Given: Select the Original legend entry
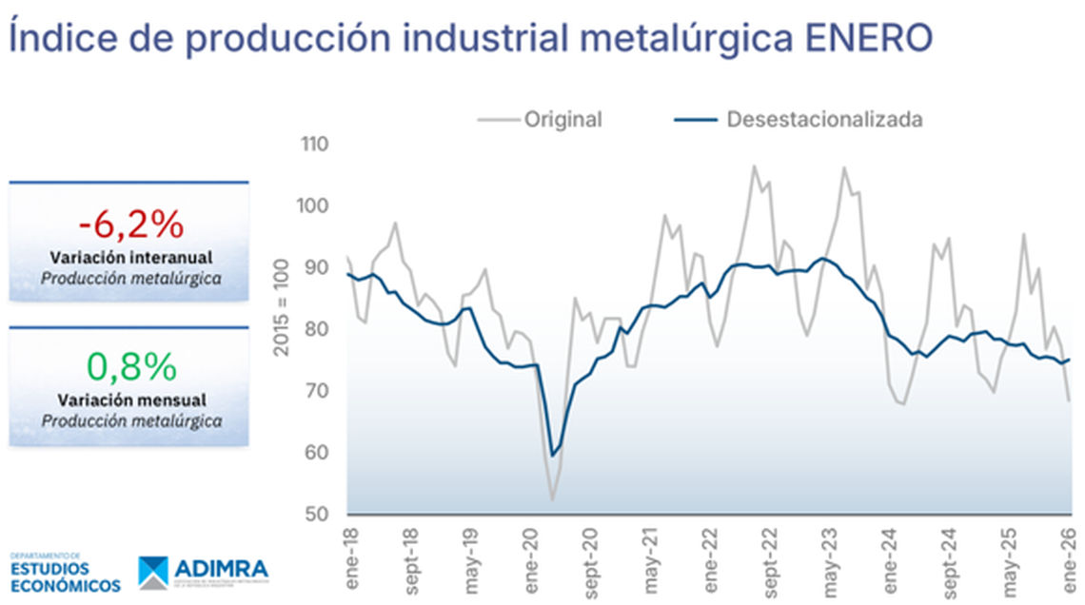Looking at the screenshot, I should [x=562, y=120].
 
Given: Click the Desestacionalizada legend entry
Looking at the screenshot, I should [x=823, y=120].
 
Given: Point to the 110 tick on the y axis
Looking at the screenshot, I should [x=315, y=145].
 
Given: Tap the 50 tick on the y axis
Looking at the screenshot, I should [x=317, y=515].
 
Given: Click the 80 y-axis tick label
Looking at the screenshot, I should [x=317, y=330].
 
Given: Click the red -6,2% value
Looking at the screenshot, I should [x=130, y=224].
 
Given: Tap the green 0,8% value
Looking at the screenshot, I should [x=131, y=365].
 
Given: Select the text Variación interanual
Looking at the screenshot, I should [x=131, y=258].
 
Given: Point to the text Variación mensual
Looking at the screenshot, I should [x=131, y=400].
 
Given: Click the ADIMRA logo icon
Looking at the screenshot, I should [x=153, y=573].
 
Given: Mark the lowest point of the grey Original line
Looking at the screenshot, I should [x=552, y=499].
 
